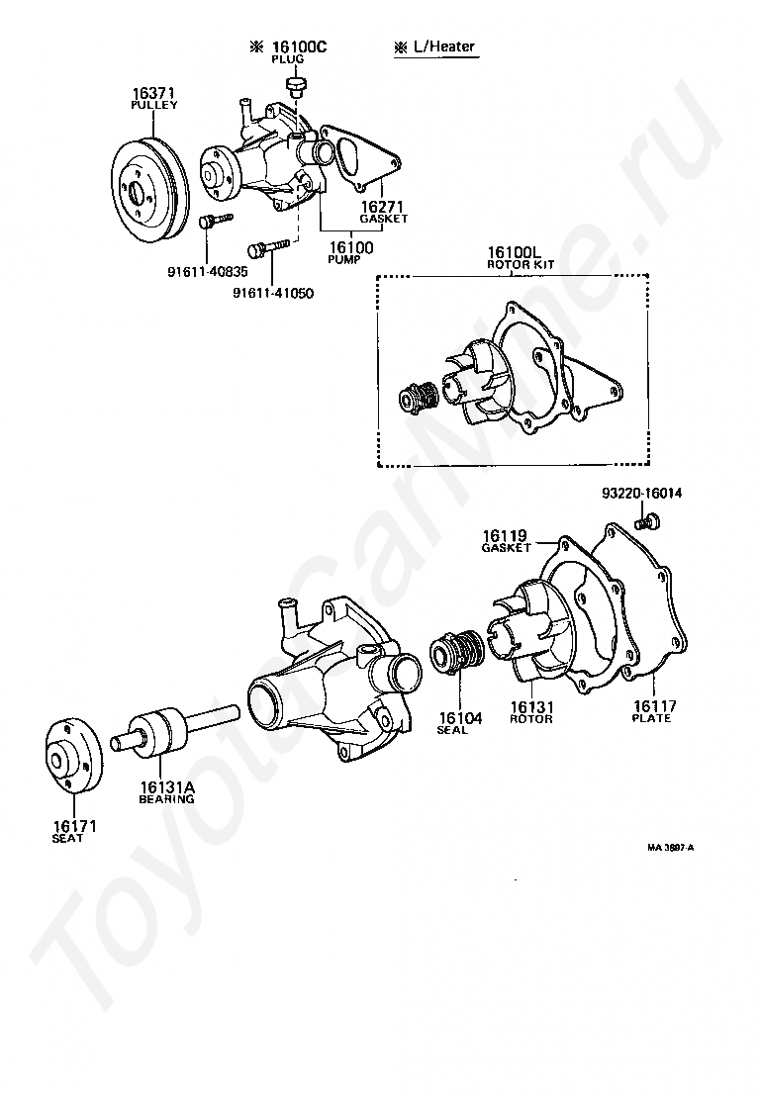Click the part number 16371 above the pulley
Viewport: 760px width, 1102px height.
point(153,94)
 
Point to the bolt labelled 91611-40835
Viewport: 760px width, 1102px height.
point(213,220)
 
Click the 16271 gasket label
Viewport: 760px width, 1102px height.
point(383,207)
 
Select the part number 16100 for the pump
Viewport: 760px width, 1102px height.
point(350,247)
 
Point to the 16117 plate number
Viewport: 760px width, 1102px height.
point(654,706)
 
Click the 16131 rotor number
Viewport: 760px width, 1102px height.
point(531,706)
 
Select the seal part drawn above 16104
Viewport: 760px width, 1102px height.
point(458,654)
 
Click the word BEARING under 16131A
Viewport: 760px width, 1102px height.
point(166,798)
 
